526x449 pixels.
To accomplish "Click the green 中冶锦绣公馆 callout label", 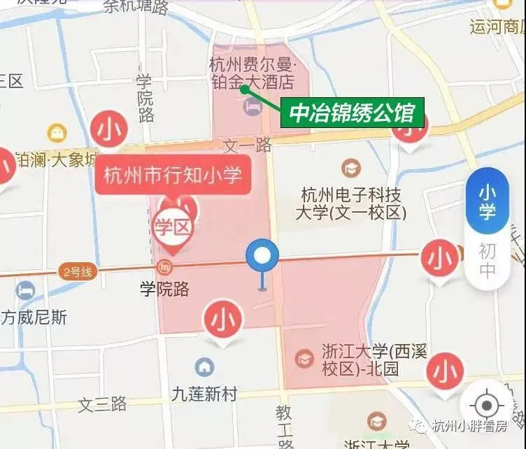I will coord(353,112).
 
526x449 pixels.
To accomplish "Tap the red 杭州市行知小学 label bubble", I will coord(173,174).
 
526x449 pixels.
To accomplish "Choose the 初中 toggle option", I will coord(487,260).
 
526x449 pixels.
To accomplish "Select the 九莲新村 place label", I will coord(205,394).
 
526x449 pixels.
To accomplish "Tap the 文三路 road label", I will coord(103,404).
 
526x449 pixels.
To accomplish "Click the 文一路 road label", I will coord(247,145).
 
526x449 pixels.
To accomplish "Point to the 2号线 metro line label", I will coord(77,272).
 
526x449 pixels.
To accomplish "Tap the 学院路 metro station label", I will coord(165,288).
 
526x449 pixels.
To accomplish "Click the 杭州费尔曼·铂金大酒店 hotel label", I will coord(253,73).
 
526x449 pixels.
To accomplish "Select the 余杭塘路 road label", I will coord(136,7).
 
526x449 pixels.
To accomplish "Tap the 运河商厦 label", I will coord(497,27).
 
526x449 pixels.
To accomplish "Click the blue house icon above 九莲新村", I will coord(204,366).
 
